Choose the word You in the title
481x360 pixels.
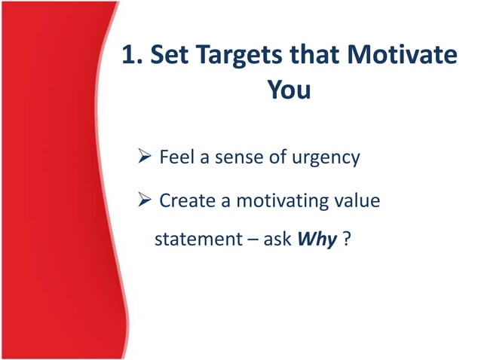[x=289, y=90]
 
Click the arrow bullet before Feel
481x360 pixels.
[x=145, y=158]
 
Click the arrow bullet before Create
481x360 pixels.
[x=145, y=201]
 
